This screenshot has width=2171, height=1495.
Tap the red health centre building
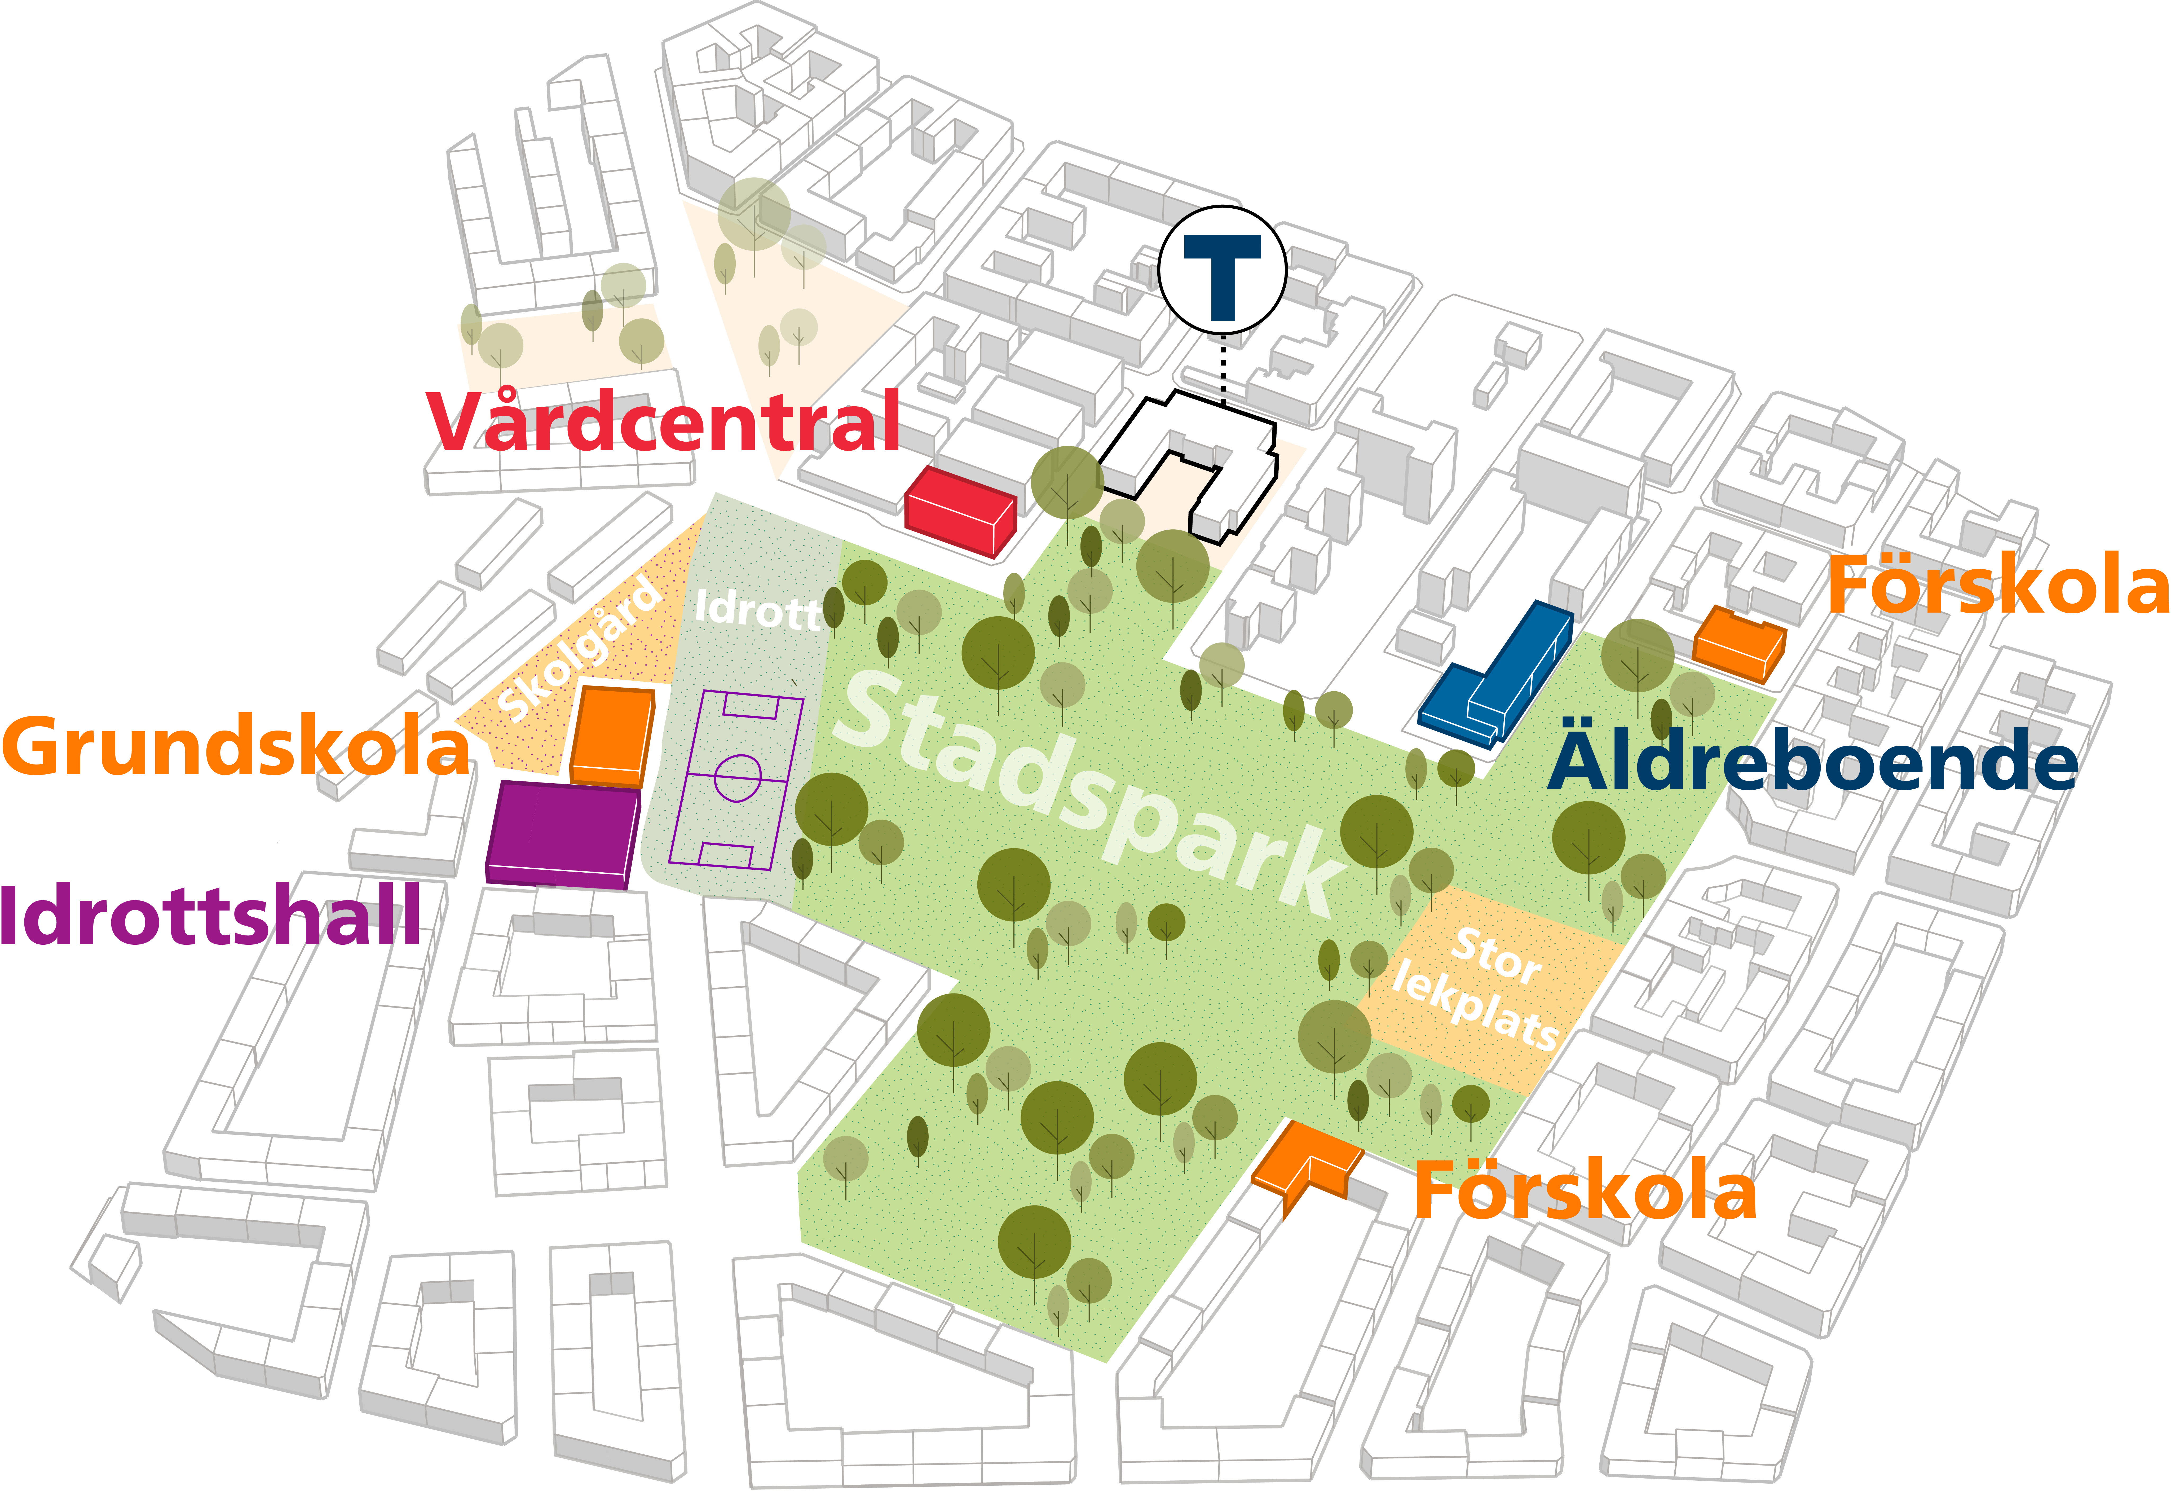click(959, 511)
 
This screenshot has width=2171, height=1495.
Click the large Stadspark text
click(1091, 792)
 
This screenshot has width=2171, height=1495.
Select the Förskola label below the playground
click(1585, 1191)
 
